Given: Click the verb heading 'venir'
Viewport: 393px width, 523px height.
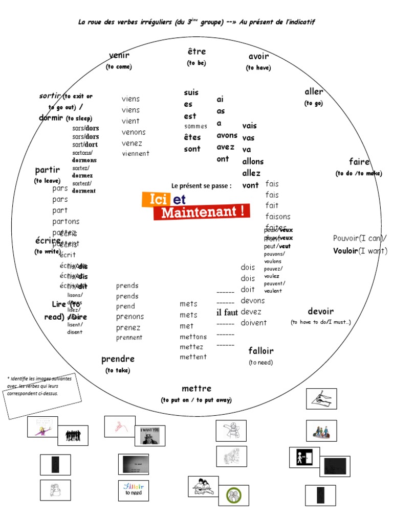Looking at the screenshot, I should [119, 55].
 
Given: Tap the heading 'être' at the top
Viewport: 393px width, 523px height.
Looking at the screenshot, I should [196, 52].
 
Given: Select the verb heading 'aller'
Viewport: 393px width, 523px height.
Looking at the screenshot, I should [314, 92].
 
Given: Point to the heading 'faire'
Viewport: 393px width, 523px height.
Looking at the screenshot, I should [359, 162].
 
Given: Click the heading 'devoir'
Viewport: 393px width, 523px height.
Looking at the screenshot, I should [320, 311].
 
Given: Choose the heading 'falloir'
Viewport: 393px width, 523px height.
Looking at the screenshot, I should [261, 351].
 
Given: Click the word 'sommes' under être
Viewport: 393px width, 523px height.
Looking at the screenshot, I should [195, 126].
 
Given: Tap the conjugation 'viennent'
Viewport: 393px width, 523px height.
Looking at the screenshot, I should [136, 153].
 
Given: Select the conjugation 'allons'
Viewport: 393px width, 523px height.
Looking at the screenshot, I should [253, 161].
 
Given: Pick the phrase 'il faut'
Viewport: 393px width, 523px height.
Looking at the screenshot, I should [227, 313].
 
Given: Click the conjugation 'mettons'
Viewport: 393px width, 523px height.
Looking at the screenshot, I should [193, 337].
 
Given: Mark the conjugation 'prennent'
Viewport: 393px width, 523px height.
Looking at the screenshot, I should [129, 338].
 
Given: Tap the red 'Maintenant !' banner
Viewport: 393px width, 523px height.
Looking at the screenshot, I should [202, 212].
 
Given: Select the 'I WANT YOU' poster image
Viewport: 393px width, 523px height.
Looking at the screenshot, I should [149, 436].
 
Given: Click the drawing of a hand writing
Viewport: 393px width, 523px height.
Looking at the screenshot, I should [321, 398].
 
